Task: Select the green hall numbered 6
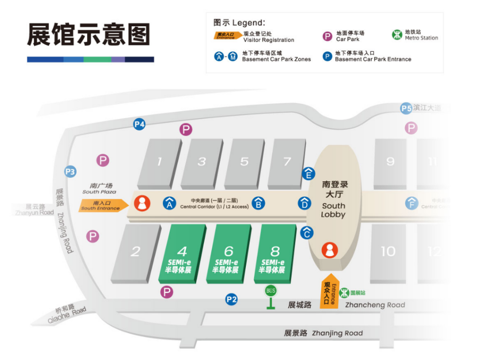click(x=228, y=254)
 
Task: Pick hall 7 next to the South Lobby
click(x=287, y=162)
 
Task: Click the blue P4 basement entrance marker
click(x=140, y=124)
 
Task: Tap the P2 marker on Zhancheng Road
click(x=231, y=300)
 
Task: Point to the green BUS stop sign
click(x=271, y=291)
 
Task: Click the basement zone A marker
click(x=169, y=203)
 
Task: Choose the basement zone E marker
click(x=308, y=173)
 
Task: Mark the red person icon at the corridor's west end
click(x=142, y=203)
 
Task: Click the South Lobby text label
click(x=333, y=210)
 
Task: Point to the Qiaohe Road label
click(x=67, y=315)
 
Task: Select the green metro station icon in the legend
click(x=398, y=35)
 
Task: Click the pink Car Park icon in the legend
click(x=328, y=36)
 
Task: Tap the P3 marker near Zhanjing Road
click(x=71, y=171)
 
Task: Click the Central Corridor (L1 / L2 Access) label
click(x=215, y=203)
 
